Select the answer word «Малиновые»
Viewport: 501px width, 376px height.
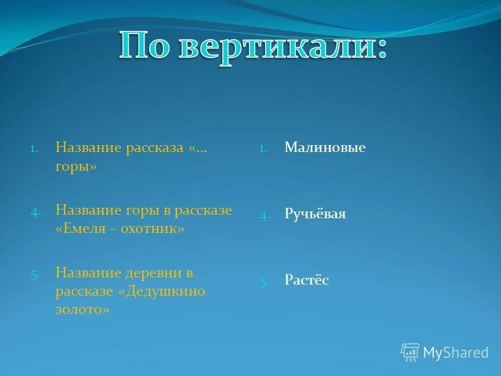click(x=325, y=148)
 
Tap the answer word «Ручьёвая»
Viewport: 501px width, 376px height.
click(x=315, y=214)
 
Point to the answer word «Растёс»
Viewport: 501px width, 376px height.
click(x=306, y=280)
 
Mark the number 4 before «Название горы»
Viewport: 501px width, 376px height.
click(x=34, y=211)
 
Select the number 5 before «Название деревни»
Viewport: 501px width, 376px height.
click(x=34, y=274)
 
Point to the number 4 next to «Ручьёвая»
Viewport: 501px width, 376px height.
click(x=264, y=215)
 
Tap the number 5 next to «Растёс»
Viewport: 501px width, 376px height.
click(x=264, y=281)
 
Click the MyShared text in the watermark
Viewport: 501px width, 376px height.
click(x=456, y=352)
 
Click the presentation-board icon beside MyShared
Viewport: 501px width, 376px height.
click(x=410, y=352)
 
